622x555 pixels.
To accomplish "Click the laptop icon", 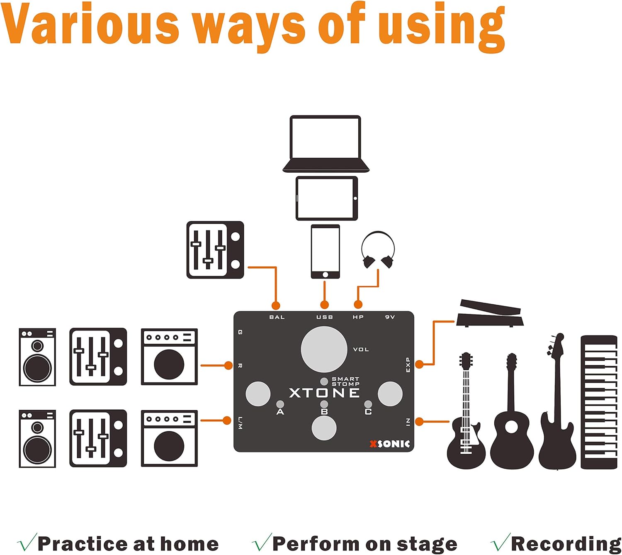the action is pyautogui.click(x=326, y=144).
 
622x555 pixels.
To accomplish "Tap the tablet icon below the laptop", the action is pyautogui.click(x=327, y=198).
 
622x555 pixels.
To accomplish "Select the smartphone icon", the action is pyautogui.click(x=325, y=252).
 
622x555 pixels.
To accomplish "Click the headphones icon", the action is pyautogui.click(x=378, y=250).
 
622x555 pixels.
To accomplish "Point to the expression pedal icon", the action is pyautogui.click(x=490, y=313).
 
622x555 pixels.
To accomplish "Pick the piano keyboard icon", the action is pyautogui.click(x=599, y=402).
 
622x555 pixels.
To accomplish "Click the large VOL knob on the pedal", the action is pyautogui.click(x=324, y=350).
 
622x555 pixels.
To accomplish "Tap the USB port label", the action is pyautogui.click(x=325, y=317).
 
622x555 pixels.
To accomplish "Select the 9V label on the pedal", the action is pyautogui.click(x=390, y=317).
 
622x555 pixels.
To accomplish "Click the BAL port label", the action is pyautogui.click(x=277, y=317).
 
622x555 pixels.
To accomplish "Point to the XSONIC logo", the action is pyautogui.click(x=390, y=444).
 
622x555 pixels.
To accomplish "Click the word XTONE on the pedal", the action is pyautogui.click(x=324, y=393).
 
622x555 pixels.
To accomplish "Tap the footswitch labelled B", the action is pyautogui.click(x=324, y=428).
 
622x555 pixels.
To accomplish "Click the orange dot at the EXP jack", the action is pyautogui.click(x=419, y=364).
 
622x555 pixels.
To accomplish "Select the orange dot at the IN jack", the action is pyautogui.click(x=419, y=422).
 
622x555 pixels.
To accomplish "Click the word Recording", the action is pyautogui.click(x=566, y=544).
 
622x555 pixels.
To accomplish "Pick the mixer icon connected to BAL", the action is pyautogui.click(x=215, y=250).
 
